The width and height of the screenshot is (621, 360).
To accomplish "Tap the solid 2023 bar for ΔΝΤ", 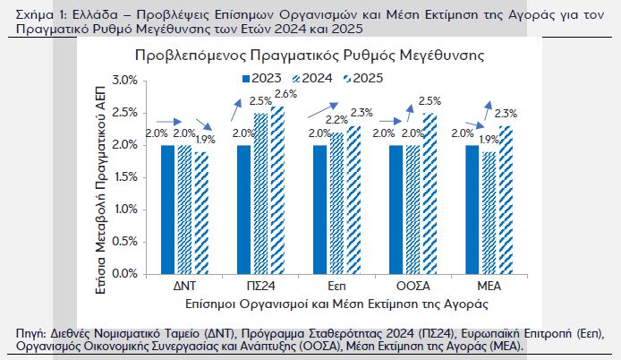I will [x=167, y=209].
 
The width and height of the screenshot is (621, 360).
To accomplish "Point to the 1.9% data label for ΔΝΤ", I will [x=205, y=139].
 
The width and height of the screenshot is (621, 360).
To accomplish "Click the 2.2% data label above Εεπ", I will [x=336, y=120].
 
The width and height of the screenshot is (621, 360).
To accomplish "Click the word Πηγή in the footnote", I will [x=31, y=333].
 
